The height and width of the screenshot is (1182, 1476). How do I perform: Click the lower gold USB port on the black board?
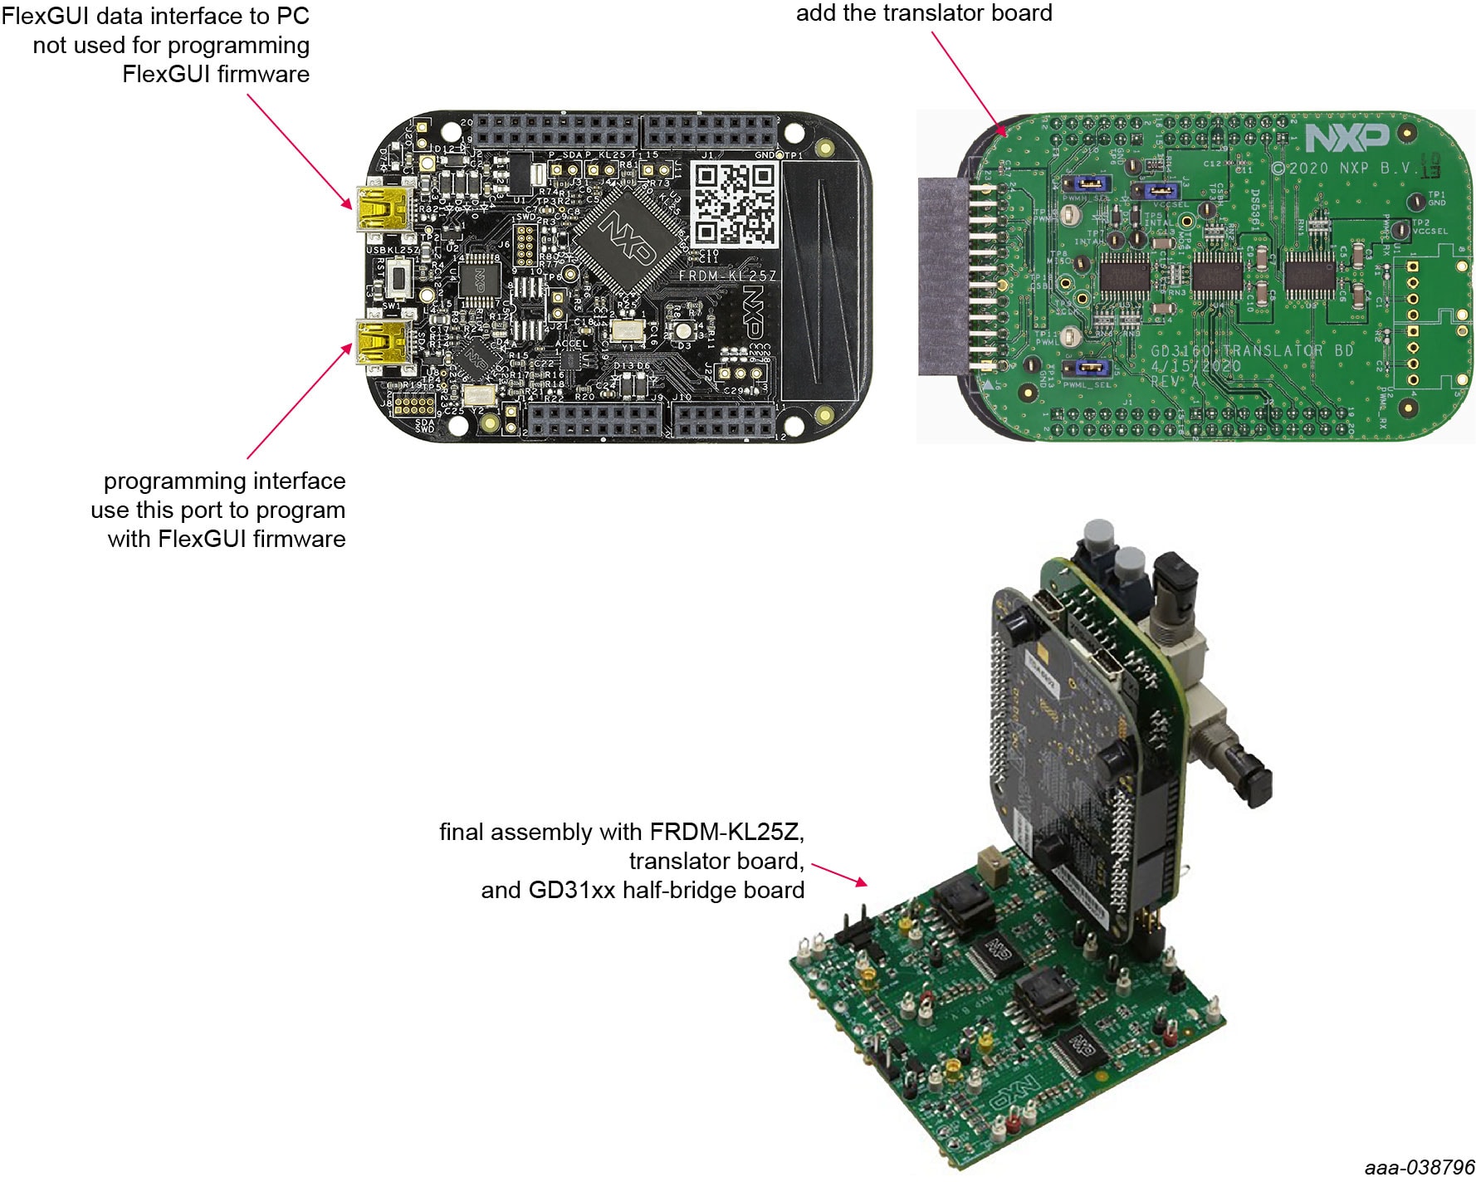[x=379, y=341]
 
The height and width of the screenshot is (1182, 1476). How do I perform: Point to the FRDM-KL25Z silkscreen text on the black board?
[x=727, y=275]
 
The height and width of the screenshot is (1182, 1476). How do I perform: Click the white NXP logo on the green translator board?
[x=1346, y=138]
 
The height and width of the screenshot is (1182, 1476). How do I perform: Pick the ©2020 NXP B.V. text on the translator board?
[x=1346, y=168]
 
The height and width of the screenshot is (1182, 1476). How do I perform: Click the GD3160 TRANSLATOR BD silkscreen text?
[x=1251, y=350]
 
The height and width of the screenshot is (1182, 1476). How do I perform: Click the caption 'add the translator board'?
[x=924, y=13]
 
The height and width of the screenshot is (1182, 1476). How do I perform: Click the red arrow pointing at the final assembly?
[x=839, y=873]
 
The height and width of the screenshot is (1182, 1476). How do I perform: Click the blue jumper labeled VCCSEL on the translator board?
[x=1162, y=192]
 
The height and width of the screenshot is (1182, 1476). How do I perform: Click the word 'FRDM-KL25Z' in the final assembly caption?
[x=726, y=832]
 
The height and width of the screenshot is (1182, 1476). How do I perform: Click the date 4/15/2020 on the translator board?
[x=1195, y=366]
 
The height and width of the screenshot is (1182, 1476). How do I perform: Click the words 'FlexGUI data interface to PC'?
[x=155, y=16]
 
